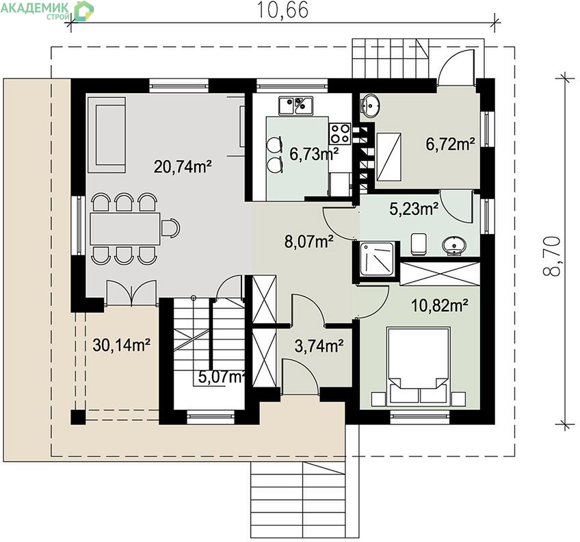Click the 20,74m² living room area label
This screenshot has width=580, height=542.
[x=183, y=167]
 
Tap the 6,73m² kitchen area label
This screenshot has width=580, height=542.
[x=314, y=155]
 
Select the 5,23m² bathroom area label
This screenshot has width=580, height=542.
[x=414, y=209]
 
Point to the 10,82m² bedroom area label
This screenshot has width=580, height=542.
[x=440, y=306]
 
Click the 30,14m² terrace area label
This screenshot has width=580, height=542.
[x=121, y=345]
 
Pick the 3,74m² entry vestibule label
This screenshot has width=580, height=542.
[x=319, y=346]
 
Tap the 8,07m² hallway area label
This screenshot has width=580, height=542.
[x=309, y=242]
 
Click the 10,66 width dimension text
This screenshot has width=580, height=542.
[x=282, y=10]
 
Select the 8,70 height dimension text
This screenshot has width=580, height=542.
[x=552, y=256]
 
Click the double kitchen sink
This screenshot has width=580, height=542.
[x=296, y=105]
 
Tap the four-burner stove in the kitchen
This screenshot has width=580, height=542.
[x=340, y=133]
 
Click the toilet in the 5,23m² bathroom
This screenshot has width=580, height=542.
[x=419, y=244]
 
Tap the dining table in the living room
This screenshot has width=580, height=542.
[x=125, y=228]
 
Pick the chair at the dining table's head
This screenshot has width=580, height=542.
[x=170, y=228]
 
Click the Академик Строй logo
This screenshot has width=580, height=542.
[x=47, y=10]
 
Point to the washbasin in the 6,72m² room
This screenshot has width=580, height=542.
[x=370, y=105]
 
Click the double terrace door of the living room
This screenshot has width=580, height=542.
[x=131, y=293]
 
